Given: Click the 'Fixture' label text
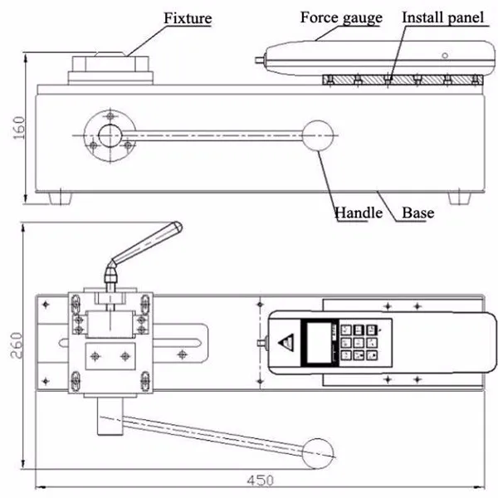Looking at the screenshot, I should (188, 17).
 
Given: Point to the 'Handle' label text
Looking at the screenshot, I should (358, 212).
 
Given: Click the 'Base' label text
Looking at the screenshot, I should (418, 212).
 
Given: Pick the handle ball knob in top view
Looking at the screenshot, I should (319, 452).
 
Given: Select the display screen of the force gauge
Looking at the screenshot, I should (319, 341).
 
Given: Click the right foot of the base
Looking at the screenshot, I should (459, 198).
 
